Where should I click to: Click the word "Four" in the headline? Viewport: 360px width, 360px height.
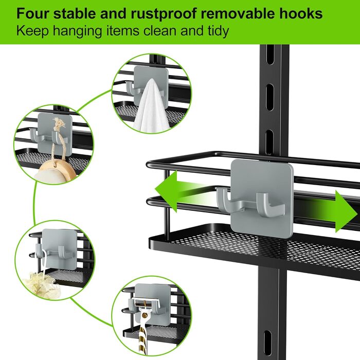[x=33, y=14]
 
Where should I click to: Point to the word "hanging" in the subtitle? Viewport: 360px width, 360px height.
[x=77, y=31]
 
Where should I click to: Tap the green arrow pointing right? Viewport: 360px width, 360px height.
[x=331, y=211]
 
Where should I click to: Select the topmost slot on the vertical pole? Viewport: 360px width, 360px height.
[x=270, y=55]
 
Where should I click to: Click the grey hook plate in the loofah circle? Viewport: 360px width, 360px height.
[x=60, y=248]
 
